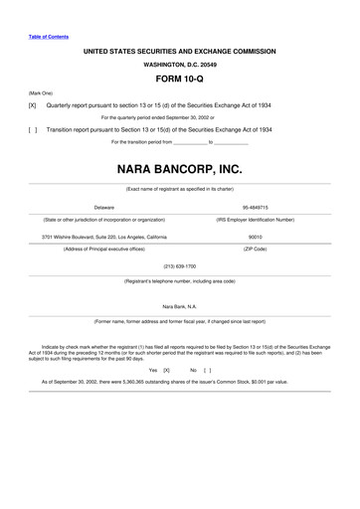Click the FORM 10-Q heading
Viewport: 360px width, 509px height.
[180, 76]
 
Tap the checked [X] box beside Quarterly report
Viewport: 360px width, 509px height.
[32, 104]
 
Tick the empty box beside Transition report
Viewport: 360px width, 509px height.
[32, 129]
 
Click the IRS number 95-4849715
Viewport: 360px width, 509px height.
[256, 207]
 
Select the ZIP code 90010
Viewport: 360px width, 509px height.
[255, 237]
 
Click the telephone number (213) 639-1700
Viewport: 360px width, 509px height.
[180, 266]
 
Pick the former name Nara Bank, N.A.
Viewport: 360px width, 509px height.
[180, 307]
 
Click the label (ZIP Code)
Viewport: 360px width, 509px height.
[255, 249]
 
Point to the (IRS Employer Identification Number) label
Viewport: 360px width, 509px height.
[256, 219]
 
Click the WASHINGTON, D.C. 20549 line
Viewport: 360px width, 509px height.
[180, 61]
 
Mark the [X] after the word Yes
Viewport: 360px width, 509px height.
[167, 369]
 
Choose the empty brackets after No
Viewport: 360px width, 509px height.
[207, 369]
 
